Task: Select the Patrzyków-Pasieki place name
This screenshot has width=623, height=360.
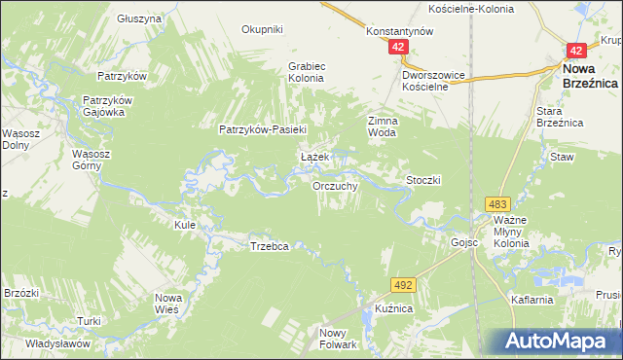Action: [x=263, y=129]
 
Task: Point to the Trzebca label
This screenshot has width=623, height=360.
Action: [x=270, y=247]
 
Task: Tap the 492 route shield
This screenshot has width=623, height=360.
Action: [x=403, y=284]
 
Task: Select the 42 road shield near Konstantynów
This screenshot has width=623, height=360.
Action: [x=397, y=47]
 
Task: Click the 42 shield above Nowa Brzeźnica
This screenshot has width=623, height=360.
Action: [x=576, y=51]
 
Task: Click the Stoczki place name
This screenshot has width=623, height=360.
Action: [x=424, y=180]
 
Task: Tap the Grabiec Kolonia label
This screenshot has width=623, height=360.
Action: [x=311, y=71]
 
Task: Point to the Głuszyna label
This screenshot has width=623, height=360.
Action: [x=138, y=18]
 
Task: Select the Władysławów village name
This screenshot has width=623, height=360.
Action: [x=57, y=343]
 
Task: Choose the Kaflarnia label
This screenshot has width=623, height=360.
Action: [x=531, y=300]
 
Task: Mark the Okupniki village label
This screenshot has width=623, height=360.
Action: [x=261, y=29]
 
